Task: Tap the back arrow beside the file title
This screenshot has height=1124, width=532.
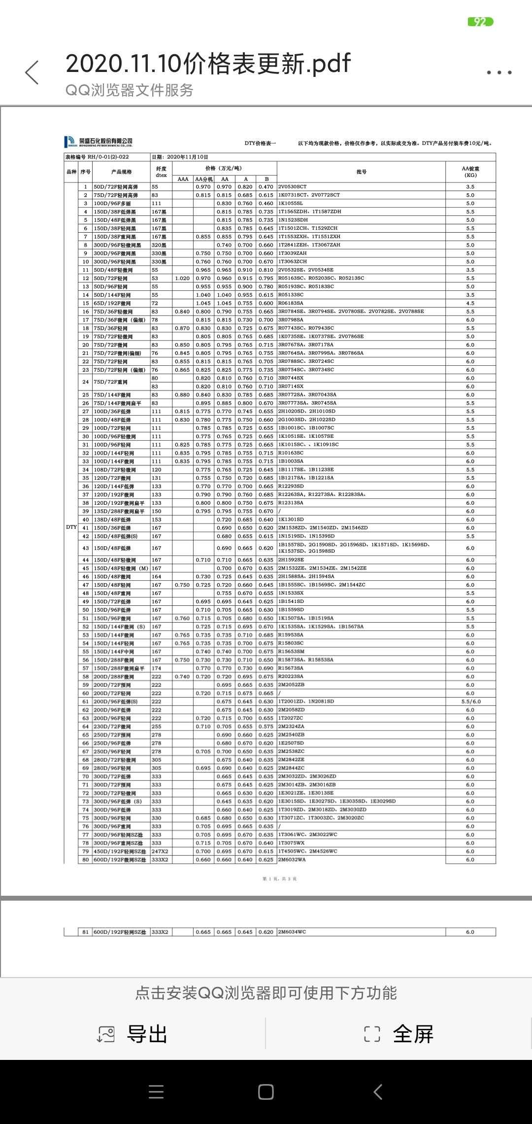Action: (32, 73)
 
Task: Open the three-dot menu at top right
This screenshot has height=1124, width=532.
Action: (499, 72)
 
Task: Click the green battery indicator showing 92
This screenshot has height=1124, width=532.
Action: (480, 22)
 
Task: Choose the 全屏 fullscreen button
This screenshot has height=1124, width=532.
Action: (399, 1034)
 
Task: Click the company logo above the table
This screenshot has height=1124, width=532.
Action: (99, 142)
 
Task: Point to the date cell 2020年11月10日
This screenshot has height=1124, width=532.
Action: (180, 157)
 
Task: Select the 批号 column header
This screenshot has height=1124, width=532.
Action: (361, 172)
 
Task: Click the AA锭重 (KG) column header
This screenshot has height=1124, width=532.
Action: (470, 172)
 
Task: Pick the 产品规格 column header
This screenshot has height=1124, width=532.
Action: (121, 172)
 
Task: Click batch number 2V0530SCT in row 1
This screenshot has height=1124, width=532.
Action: (292, 187)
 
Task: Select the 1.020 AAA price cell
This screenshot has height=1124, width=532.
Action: (182, 279)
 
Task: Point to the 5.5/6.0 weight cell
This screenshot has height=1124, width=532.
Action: (470, 702)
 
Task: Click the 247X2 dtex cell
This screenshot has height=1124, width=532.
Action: (160, 851)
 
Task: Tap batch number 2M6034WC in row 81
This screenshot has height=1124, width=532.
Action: (292, 932)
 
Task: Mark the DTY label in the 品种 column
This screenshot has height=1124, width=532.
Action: (71, 527)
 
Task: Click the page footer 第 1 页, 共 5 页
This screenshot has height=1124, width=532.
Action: (279, 879)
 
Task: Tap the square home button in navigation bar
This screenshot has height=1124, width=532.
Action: (266, 1092)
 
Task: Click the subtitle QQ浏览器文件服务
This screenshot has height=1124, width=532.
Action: (130, 90)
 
